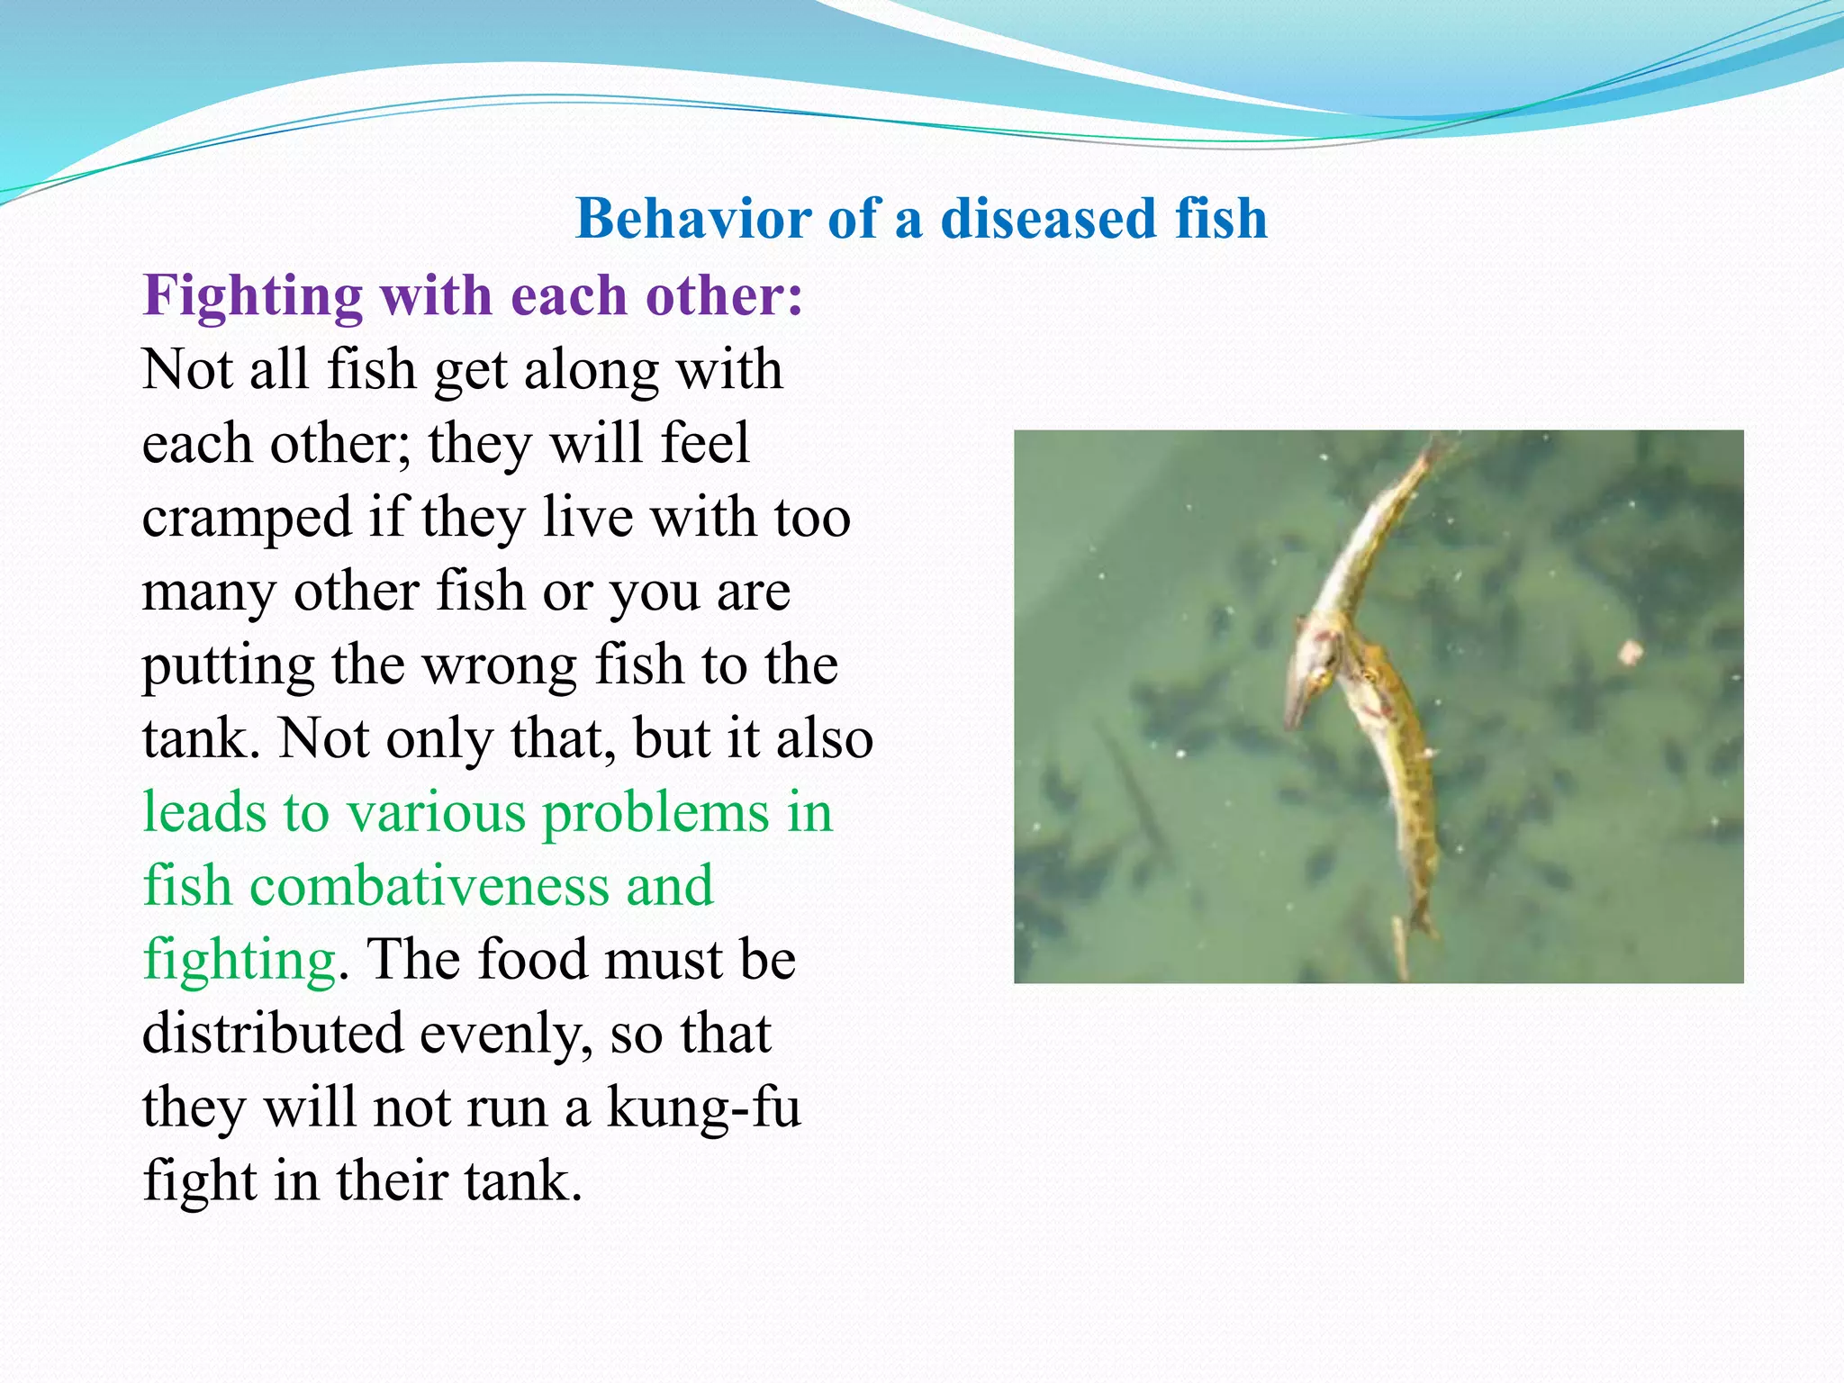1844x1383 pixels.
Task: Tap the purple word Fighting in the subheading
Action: pos(251,297)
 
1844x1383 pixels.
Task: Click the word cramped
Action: pos(246,520)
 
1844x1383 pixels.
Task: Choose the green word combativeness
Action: pos(429,887)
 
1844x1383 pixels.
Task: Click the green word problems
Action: pos(655,813)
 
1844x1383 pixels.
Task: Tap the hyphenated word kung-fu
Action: pos(703,1108)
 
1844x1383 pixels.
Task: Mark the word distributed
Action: pos(273,1035)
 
